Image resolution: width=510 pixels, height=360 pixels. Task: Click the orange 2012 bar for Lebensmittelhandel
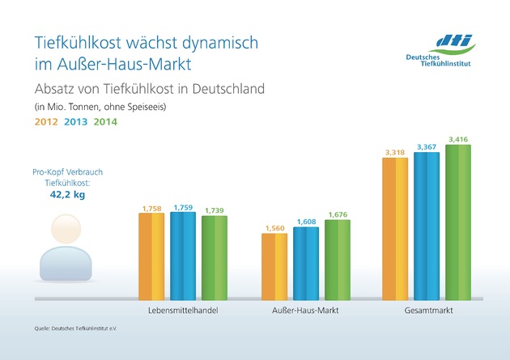[x=151, y=258]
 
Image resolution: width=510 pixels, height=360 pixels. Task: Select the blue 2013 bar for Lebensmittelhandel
[x=183, y=258]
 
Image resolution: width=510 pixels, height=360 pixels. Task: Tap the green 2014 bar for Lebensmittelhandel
[x=215, y=259]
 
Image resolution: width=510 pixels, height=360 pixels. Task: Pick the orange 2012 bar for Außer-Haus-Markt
[x=274, y=268]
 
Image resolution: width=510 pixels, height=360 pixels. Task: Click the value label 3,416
[x=458, y=140]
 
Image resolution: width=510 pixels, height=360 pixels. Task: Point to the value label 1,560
[x=274, y=227]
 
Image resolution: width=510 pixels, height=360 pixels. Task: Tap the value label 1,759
[x=183, y=208]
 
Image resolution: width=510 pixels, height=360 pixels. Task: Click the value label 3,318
[x=395, y=151]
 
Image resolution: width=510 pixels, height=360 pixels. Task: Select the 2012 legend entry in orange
[x=45, y=122]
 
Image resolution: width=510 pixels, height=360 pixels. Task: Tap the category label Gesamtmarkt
[x=427, y=311]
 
